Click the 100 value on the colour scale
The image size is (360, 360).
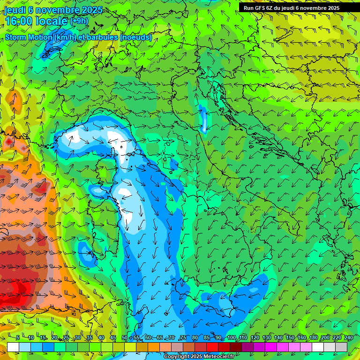[x=232, y=337]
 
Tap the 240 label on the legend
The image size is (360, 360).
[x=349, y=337]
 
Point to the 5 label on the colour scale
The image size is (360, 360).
[x=18, y=337]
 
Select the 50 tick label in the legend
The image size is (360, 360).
[x=125, y=337]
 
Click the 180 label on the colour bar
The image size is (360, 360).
[x=313, y=337]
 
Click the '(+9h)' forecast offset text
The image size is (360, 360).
[x=79, y=21]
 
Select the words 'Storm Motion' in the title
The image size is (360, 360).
[x=28, y=37]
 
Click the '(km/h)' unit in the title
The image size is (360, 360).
[x=67, y=37]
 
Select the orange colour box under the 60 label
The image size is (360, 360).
[x=142, y=347]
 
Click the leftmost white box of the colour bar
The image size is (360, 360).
[x=13, y=347]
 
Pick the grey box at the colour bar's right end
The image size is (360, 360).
[x=341, y=347]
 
